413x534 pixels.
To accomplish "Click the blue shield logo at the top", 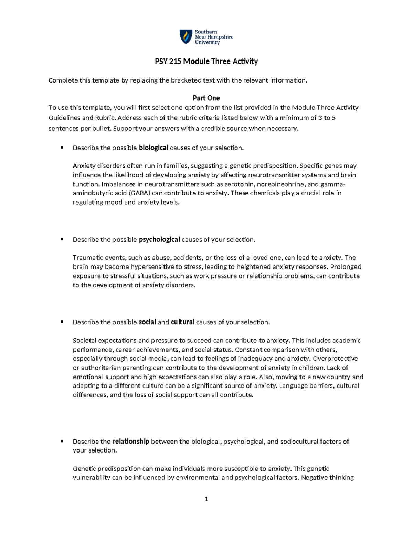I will pyautogui.click(x=186, y=37).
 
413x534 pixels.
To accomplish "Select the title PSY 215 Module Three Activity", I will pyautogui.click(x=206, y=62).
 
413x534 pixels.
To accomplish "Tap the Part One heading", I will pyautogui.click(x=206, y=98).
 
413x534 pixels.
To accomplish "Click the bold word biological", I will pyautogui.click(x=153, y=148).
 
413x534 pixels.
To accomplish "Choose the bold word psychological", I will pyautogui.click(x=159, y=240).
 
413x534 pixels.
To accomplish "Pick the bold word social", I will pyautogui.click(x=147, y=322).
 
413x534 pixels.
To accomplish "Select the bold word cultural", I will pyautogui.click(x=183, y=322).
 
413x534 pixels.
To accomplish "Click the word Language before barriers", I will pyautogui.click(x=293, y=386).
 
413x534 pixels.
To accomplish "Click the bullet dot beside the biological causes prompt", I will pyautogui.click(x=62, y=148).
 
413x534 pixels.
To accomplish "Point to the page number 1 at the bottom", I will pyautogui.click(x=206, y=499).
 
